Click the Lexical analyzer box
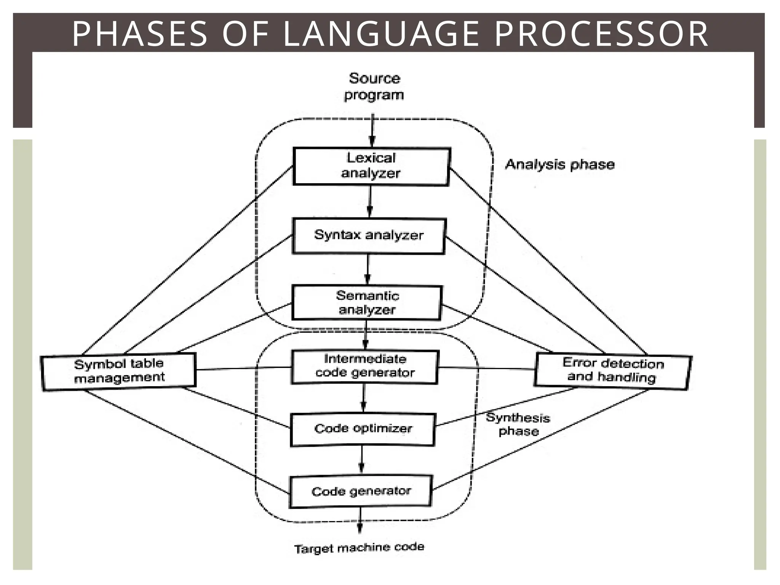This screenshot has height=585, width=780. [371, 166]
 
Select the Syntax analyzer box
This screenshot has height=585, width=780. [368, 236]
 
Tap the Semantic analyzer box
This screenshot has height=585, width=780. [367, 303]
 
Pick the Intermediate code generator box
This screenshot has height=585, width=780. [364, 366]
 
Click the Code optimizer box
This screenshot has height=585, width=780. [362, 429]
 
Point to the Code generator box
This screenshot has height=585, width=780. [361, 491]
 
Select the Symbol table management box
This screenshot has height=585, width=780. [118, 371]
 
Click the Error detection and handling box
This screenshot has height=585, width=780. [612, 371]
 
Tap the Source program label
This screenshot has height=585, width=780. [374, 87]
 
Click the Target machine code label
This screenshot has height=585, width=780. [359, 548]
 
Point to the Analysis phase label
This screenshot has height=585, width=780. [559, 165]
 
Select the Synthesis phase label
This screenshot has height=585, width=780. [518, 425]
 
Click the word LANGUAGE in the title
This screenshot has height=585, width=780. [381, 34]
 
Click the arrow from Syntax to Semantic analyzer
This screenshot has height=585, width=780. [368, 270]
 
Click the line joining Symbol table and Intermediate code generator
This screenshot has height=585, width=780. [244, 368]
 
